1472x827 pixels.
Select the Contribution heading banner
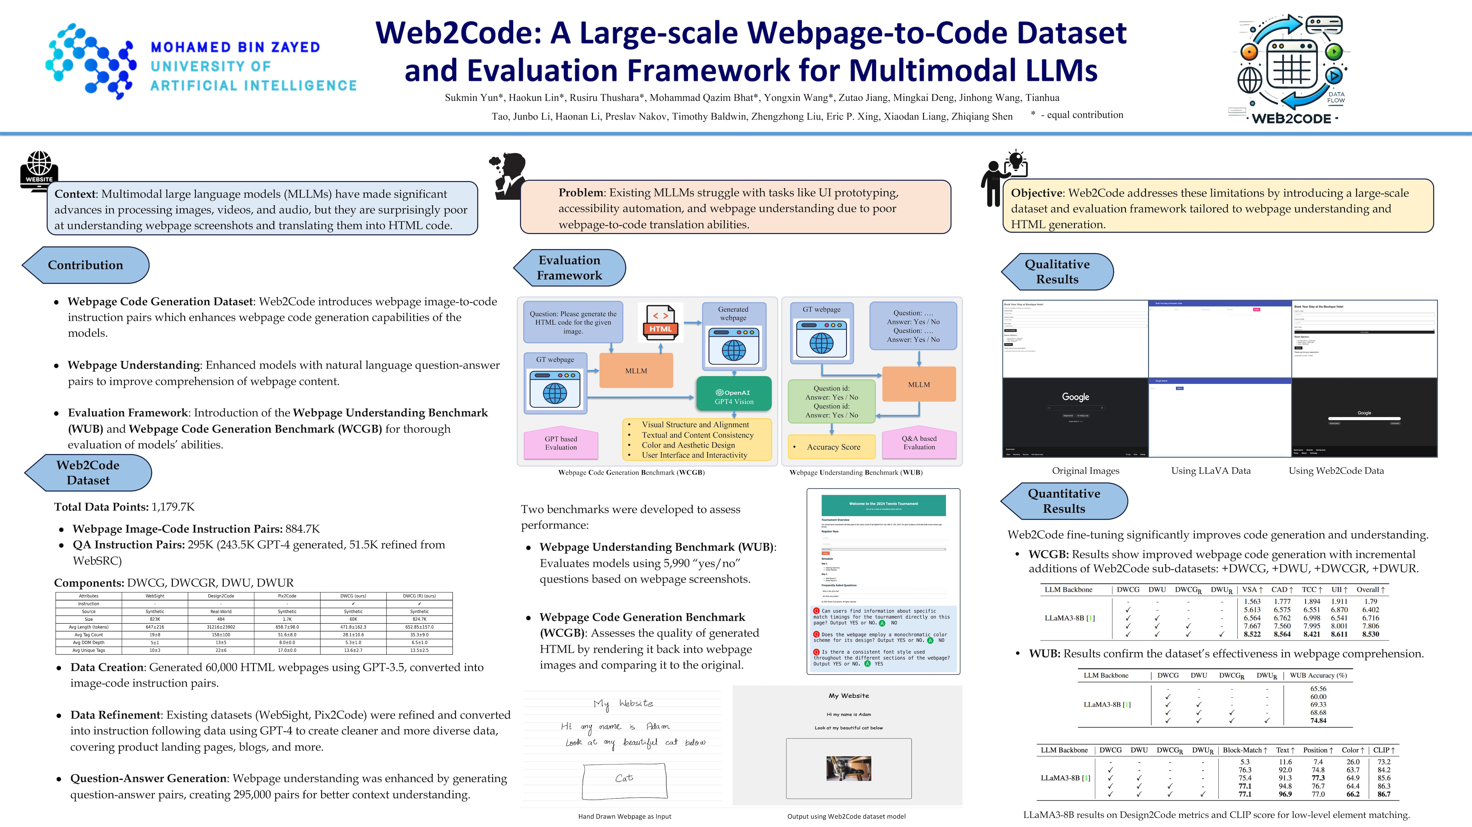(86, 265)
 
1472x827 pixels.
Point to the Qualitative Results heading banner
(1057, 272)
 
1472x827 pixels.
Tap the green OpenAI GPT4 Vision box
(734, 394)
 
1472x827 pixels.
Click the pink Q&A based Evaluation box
(919, 443)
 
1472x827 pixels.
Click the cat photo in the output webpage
(849, 768)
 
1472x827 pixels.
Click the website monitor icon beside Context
(39, 169)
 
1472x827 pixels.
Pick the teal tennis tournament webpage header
(883, 506)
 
